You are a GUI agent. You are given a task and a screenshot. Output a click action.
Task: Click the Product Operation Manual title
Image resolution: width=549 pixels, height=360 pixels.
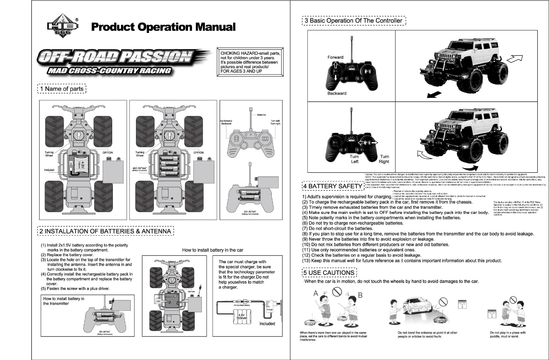(163, 27)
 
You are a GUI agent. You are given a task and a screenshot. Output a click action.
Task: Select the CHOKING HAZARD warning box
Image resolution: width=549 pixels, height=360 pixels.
(250, 62)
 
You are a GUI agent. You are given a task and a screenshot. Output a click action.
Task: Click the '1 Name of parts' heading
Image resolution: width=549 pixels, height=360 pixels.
(62, 89)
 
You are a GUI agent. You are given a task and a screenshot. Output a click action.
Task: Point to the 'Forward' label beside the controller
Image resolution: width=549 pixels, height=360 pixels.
(335, 57)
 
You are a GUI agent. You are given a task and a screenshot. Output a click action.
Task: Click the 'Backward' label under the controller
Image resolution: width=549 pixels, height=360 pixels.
(337, 94)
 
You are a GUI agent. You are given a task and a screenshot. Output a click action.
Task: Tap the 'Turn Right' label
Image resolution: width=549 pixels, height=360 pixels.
(384, 159)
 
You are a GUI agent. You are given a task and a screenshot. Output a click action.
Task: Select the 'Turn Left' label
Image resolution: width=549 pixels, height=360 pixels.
(354, 159)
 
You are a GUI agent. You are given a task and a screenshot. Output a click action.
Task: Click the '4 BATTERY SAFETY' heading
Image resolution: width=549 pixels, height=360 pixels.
(333, 186)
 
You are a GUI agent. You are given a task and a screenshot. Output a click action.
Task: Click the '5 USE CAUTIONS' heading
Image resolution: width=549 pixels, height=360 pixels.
(329, 273)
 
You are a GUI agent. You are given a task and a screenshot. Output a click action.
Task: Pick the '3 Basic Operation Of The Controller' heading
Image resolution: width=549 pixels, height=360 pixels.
(354, 21)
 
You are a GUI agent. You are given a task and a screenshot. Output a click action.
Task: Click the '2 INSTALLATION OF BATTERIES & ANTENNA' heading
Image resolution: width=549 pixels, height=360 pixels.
(106, 231)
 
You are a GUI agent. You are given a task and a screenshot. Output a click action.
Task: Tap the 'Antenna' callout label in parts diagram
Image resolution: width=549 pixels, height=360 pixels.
(261, 115)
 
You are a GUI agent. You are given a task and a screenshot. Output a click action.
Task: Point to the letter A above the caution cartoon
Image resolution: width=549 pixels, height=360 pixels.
(316, 293)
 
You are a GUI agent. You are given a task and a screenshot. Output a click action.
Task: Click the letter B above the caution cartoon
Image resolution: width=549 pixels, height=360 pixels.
(360, 295)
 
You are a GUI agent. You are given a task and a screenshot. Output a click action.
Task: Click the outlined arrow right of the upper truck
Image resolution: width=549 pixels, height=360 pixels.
(515, 58)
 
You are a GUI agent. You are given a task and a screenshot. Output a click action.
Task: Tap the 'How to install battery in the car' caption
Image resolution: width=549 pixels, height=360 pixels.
(213, 250)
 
